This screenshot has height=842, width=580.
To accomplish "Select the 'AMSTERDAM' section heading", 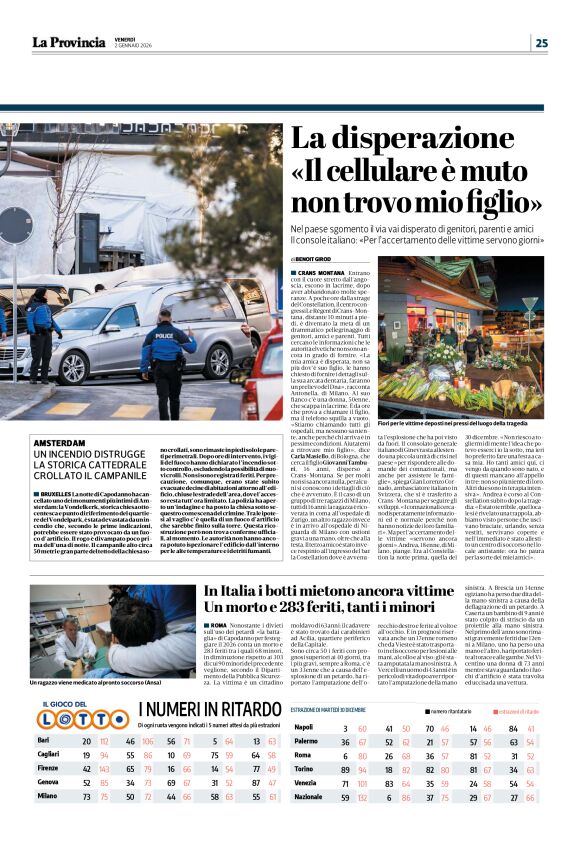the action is (60, 442).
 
